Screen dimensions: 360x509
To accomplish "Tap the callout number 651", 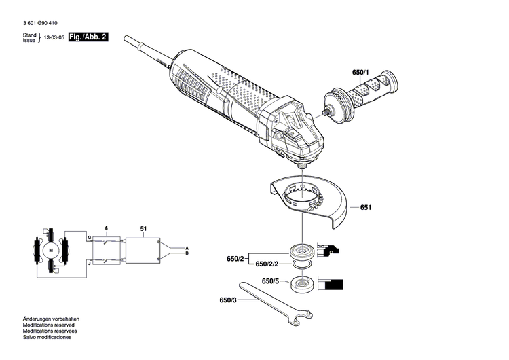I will [366, 206].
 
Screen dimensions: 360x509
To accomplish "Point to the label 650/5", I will [270, 281].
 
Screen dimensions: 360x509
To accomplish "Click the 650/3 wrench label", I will [228, 300].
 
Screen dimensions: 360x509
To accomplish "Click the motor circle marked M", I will [50, 251].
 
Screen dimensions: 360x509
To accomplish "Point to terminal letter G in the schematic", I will [88, 236].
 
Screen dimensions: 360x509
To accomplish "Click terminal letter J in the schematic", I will [88, 260].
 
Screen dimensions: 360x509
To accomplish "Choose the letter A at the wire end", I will [187, 247].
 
